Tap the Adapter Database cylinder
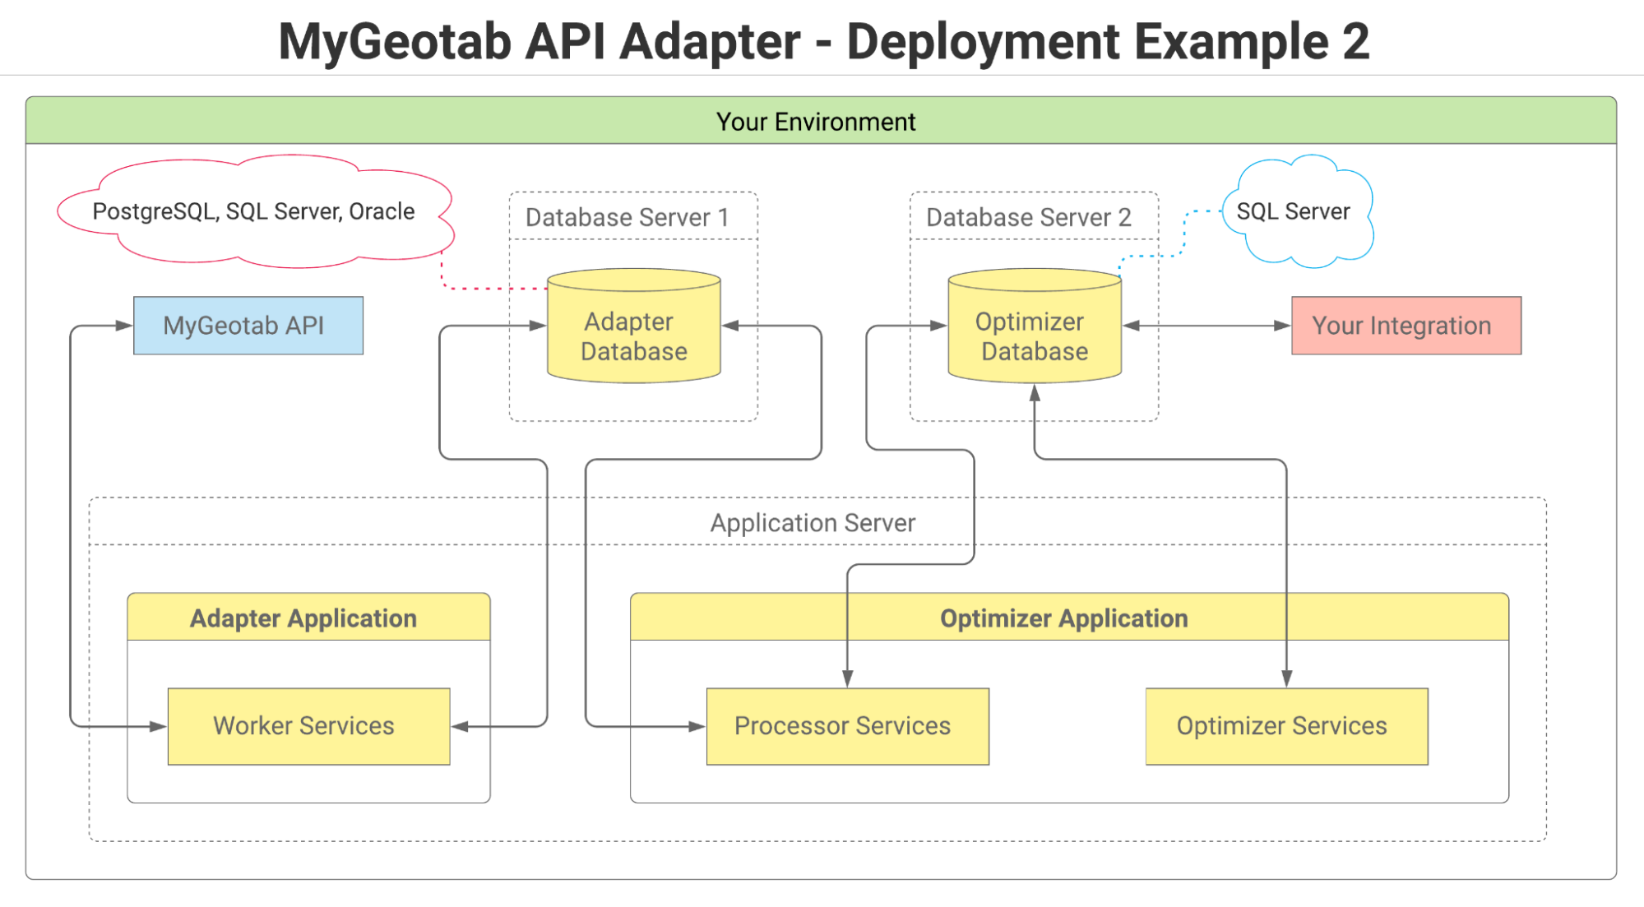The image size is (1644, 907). tap(633, 335)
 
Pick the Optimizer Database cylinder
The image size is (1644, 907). tap(1034, 335)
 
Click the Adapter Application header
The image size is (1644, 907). tap(303, 618)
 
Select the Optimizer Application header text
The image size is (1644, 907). tap(1063, 618)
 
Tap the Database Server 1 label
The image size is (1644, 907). tap(627, 217)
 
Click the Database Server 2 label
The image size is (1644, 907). tap(1029, 217)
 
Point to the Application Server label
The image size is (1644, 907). tap(813, 523)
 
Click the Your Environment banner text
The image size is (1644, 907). tap(815, 122)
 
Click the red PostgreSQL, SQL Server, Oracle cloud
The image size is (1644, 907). tap(253, 211)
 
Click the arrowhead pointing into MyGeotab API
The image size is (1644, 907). tap(124, 326)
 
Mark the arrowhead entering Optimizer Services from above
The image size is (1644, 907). tap(1286, 678)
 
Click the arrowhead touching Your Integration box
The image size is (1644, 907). tap(1282, 326)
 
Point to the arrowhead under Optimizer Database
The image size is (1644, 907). tap(1035, 394)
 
